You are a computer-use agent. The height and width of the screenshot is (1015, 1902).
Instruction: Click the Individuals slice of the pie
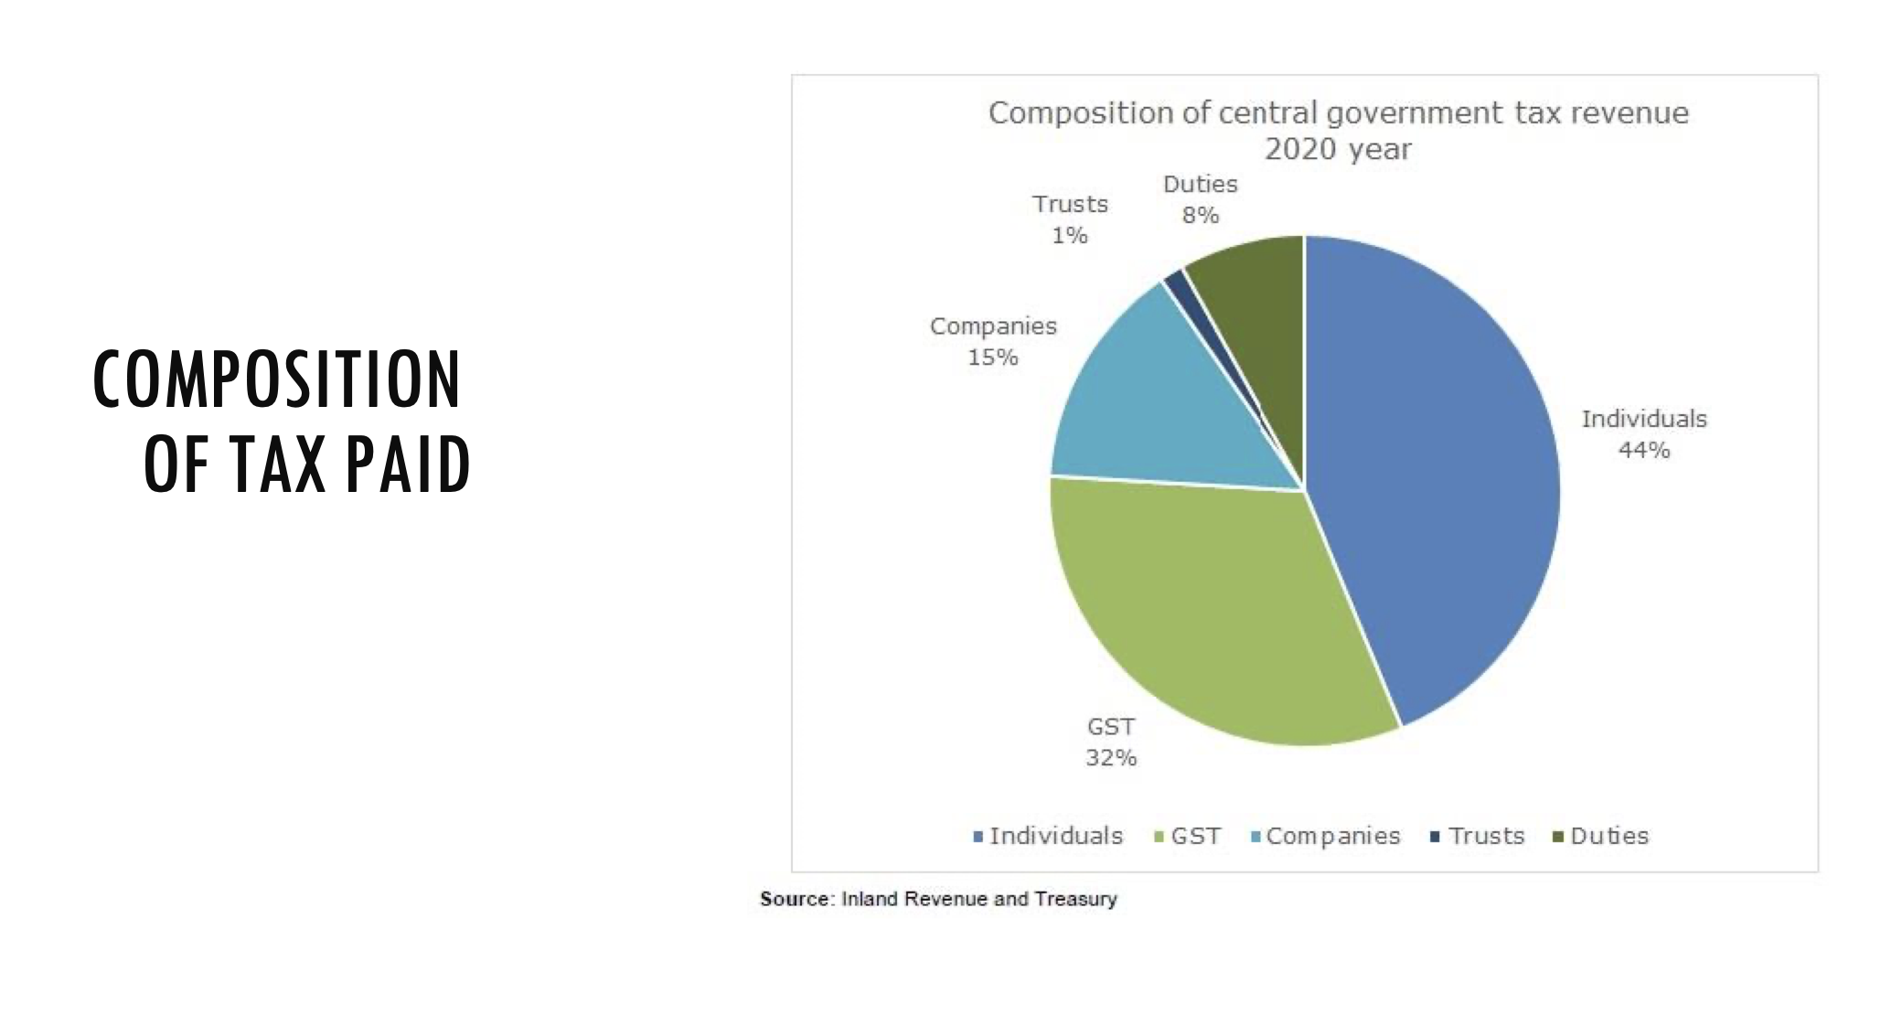pyautogui.click(x=1436, y=475)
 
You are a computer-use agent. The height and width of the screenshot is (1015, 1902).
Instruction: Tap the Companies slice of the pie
pyautogui.click(x=1161, y=402)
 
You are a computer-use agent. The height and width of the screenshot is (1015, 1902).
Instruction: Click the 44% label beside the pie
pyautogui.click(x=1644, y=450)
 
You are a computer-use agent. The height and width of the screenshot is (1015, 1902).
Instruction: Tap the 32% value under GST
pyautogui.click(x=1111, y=757)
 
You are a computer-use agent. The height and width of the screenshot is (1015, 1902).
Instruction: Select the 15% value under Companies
pyautogui.click(x=993, y=357)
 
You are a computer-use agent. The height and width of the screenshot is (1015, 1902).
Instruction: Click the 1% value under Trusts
pyautogui.click(x=1070, y=235)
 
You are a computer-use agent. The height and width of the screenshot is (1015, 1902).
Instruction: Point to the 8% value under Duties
pyautogui.click(x=1201, y=215)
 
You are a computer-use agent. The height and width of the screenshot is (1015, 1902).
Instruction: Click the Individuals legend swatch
pyautogui.click(x=978, y=836)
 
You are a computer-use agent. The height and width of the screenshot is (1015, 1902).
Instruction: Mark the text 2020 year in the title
pyautogui.click(x=1338, y=148)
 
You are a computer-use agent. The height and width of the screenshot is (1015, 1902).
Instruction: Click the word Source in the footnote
pyautogui.click(x=795, y=899)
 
